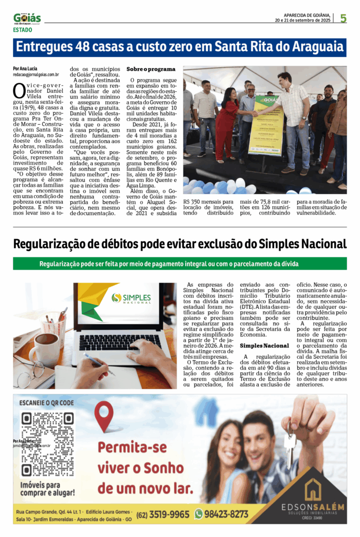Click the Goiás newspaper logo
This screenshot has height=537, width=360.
(x=27, y=19)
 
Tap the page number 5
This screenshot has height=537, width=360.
(x=343, y=18)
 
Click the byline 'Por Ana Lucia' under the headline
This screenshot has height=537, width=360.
(x=25, y=69)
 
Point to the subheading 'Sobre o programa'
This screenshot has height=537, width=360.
(x=151, y=69)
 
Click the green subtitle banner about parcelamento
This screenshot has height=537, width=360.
(x=180, y=263)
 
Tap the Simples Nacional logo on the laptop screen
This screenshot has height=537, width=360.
(x=131, y=298)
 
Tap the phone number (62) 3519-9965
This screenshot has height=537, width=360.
(x=163, y=514)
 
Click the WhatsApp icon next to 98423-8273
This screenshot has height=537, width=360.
(x=199, y=514)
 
